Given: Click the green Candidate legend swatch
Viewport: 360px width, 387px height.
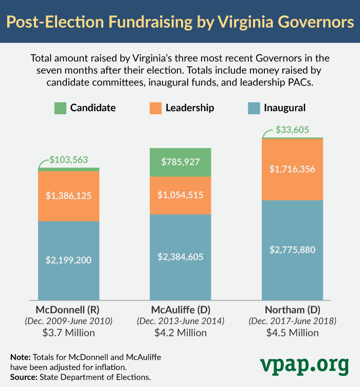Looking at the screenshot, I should coord(60,108).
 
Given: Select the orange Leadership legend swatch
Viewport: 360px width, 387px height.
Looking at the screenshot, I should coord(155,108).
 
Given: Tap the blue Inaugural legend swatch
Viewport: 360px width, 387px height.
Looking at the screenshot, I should coord(254,108).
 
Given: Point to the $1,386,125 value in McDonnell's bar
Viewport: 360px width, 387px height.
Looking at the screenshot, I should coord(69,196).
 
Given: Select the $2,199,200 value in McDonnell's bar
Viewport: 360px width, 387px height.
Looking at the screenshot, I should coord(69,260).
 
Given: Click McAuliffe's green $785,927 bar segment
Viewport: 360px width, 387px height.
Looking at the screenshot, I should coord(180,162).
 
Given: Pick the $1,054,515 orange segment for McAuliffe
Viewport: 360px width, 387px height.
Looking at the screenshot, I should coord(180,195).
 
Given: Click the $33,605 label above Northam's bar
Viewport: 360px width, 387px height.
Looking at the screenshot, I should coord(292,130).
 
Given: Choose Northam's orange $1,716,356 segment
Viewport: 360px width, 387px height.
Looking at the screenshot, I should coord(292,169).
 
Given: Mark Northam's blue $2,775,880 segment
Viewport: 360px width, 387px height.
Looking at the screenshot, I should coord(292,250).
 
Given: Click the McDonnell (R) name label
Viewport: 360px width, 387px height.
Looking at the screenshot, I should coord(68,310).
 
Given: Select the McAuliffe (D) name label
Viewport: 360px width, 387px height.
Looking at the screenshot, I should coord(180,310).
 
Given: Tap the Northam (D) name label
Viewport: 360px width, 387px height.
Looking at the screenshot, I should coord(292,310).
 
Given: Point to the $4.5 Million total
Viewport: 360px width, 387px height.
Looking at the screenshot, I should coord(292,332).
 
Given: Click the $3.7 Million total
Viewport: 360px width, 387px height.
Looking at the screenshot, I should coord(68,332).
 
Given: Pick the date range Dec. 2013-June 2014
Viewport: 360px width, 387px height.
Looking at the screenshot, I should coord(180,321).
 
